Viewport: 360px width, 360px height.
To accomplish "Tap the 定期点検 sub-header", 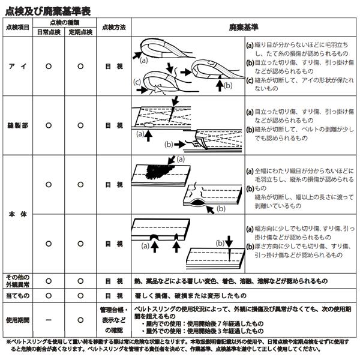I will (x=81, y=32).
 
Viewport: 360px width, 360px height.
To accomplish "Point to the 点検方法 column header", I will (x=114, y=27).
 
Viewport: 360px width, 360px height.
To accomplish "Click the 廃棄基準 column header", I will (x=242, y=27).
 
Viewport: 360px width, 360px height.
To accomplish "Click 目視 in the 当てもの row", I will (x=114, y=296).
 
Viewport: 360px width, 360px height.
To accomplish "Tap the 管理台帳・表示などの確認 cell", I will (x=114, y=320).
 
